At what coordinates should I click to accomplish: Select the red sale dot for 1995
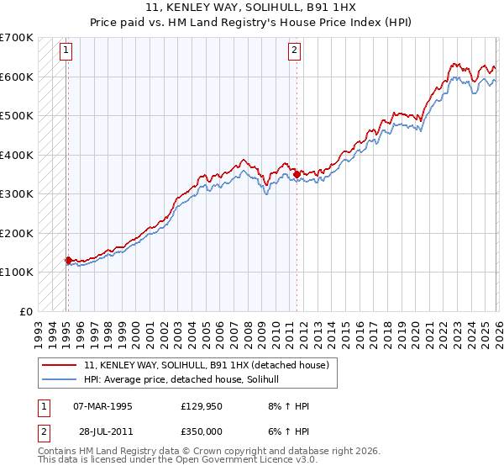click(x=67, y=260)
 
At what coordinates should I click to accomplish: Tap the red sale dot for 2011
click(x=297, y=174)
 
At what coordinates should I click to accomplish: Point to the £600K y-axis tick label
click(x=17, y=77)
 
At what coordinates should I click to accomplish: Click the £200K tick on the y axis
click(x=17, y=233)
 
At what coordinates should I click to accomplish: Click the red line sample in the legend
click(x=60, y=366)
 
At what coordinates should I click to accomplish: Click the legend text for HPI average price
click(x=187, y=380)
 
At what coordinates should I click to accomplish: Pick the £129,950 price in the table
click(x=201, y=406)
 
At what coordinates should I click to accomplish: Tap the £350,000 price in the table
click(x=201, y=431)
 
